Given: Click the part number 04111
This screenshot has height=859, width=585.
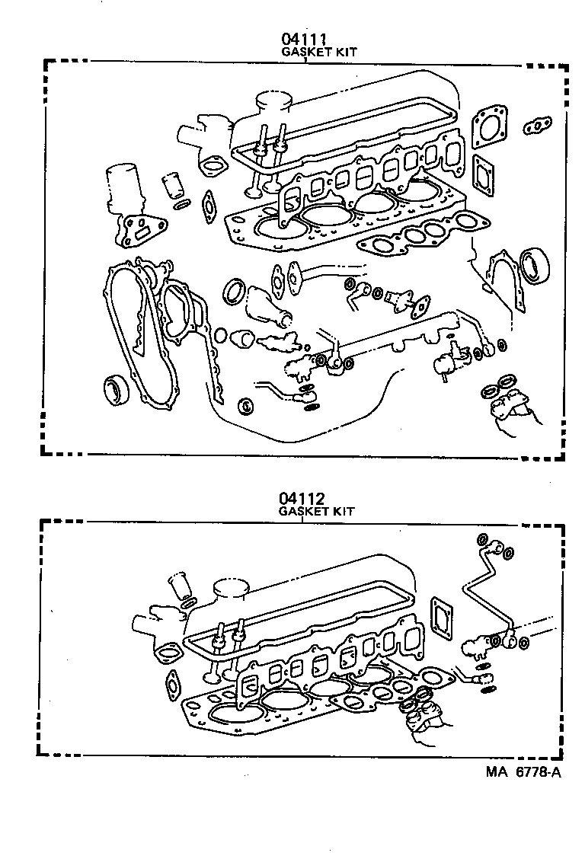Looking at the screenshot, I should pyautogui.click(x=305, y=39).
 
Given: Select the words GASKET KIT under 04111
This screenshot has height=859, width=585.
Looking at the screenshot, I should pyautogui.click(x=319, y=52).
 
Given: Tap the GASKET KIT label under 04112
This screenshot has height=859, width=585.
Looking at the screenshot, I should pyautogui.click(x=316, y=512).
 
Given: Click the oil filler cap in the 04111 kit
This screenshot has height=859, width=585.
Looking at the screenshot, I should pyautogui.click(x=275, y=103).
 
